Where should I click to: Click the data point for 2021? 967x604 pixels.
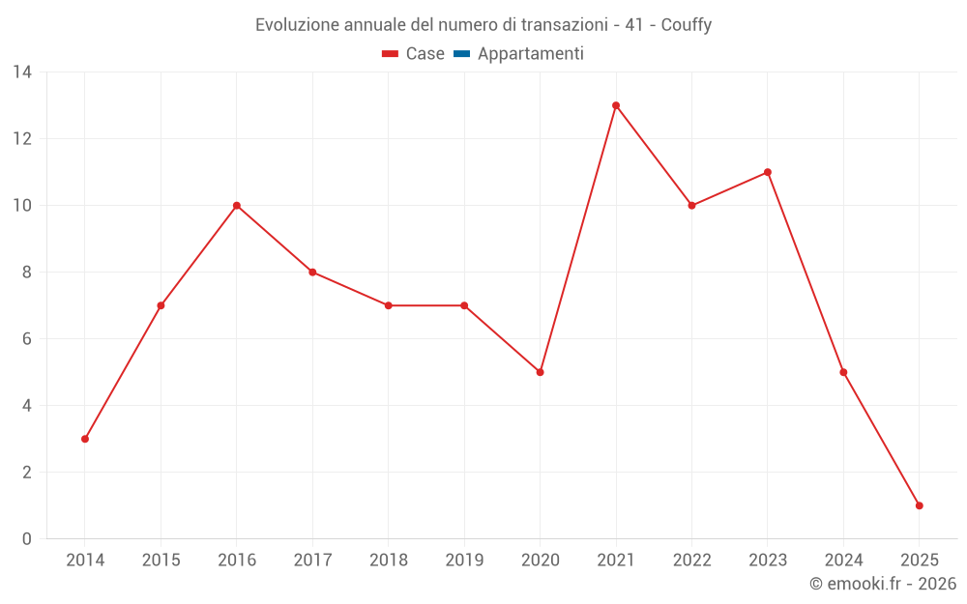pyautogui.click(x=616, y=105)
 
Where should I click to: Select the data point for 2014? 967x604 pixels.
pyautogui.click(x=85, y=439)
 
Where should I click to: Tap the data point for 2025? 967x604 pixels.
pyautogui.click(x=919, y=505)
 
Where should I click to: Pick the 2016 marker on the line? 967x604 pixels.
pyautogui.click(x=237, y=205)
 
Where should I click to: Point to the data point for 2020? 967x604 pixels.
pyautogui.click(x=540, y=372)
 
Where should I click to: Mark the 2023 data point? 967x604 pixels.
pyautogui.click(x=768, y=172)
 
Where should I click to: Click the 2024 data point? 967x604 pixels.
pyautogui.click(x=843, y=372)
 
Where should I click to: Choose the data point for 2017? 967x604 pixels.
pyautogui.click(x=312, y=272)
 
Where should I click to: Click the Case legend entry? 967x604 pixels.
pyautogui.click(x=414, y=54)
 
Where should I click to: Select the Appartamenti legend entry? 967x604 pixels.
pyautogui.click(x=519, y=54)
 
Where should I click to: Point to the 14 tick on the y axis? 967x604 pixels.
pyautogui.click(x=22, y=72)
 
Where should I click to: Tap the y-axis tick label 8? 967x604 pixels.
pyautogui.click(x=27, y=273)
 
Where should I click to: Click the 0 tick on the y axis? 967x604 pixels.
pyautogui.click(x=27, y=539)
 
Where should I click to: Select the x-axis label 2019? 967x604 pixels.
pyautogui.click(x=464, y=561)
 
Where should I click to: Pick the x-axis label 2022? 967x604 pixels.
pyautogui.click(x=691, y=561)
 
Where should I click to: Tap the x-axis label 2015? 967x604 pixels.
pyautogui.click(x=161, y=561)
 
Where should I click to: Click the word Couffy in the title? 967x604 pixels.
pyautogui.click(x=687, y=25)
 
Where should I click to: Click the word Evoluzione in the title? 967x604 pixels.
pyautogui.click(x=298, y=25)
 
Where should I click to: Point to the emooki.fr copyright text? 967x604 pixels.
pyautogui.click(x=883, y=584)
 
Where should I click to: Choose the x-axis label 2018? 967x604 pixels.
pyautogui.click(x=388, y=561)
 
